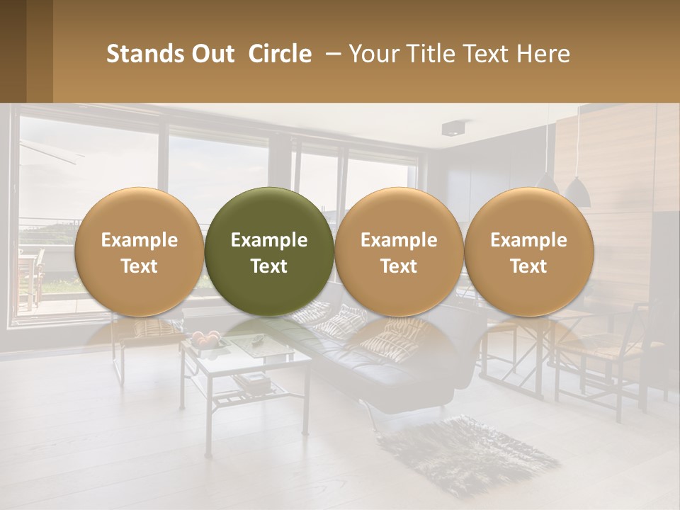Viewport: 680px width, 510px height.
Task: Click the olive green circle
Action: [269, 251]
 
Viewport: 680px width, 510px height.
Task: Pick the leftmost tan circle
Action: [139, 251]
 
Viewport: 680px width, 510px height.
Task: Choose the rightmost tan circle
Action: [528, 251]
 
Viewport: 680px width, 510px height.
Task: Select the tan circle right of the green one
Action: [399, 251]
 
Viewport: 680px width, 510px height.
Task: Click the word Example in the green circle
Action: [269, 240]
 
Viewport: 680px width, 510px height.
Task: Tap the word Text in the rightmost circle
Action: [528, 266]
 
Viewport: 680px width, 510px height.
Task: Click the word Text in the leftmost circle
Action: [139, 266]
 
